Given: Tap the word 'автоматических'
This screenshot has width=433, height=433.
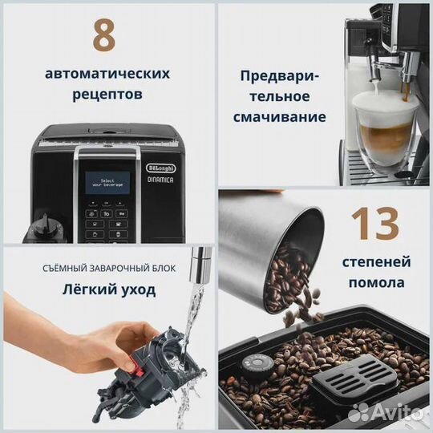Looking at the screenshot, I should (x=107, y=74).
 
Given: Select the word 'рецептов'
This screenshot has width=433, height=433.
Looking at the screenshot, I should (x=107, y=95).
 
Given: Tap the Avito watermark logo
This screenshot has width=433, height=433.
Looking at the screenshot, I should (x=385, y=411).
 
